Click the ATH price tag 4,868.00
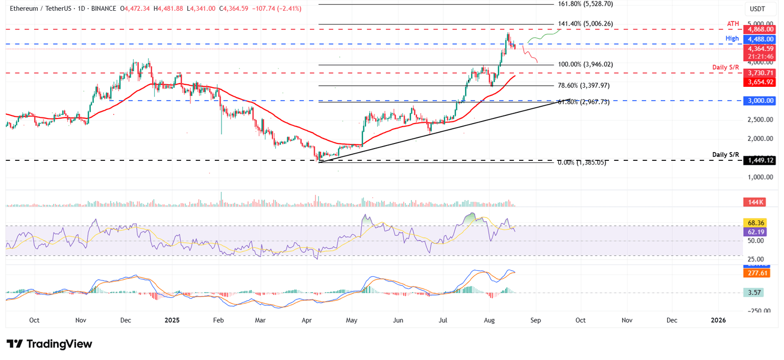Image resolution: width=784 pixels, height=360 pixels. [761, 30]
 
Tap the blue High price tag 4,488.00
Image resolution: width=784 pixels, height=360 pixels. [761, 39]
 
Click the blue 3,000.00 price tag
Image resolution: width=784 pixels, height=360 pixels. [761, 101]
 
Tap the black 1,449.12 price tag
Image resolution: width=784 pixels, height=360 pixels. [761, 160]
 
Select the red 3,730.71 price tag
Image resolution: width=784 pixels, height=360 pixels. [761, 73]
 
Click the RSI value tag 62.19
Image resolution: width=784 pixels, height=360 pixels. [755, 232]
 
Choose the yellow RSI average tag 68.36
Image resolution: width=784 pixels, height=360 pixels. [755, 223]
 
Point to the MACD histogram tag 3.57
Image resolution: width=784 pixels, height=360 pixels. [753, 293]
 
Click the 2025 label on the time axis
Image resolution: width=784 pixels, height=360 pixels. [172, 320]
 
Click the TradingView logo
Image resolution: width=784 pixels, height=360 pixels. [49, 344]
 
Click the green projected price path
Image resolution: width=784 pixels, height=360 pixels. [543, 36]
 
